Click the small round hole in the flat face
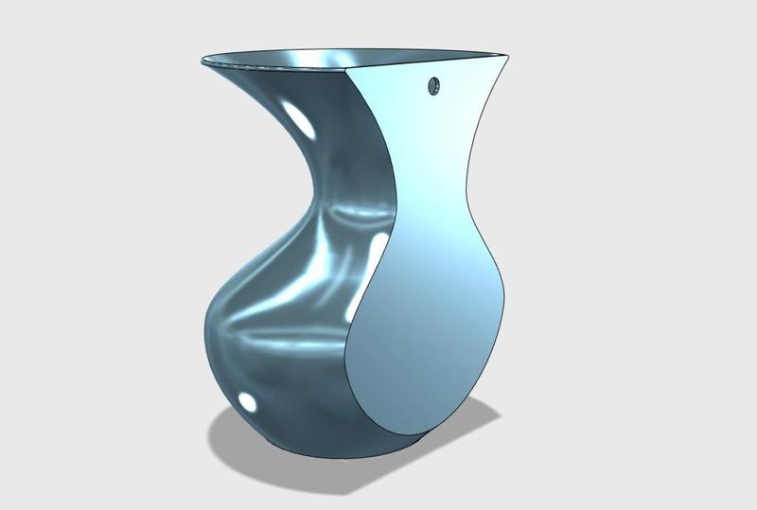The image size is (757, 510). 434,86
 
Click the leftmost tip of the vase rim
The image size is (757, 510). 202,62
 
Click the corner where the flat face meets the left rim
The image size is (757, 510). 349,71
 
